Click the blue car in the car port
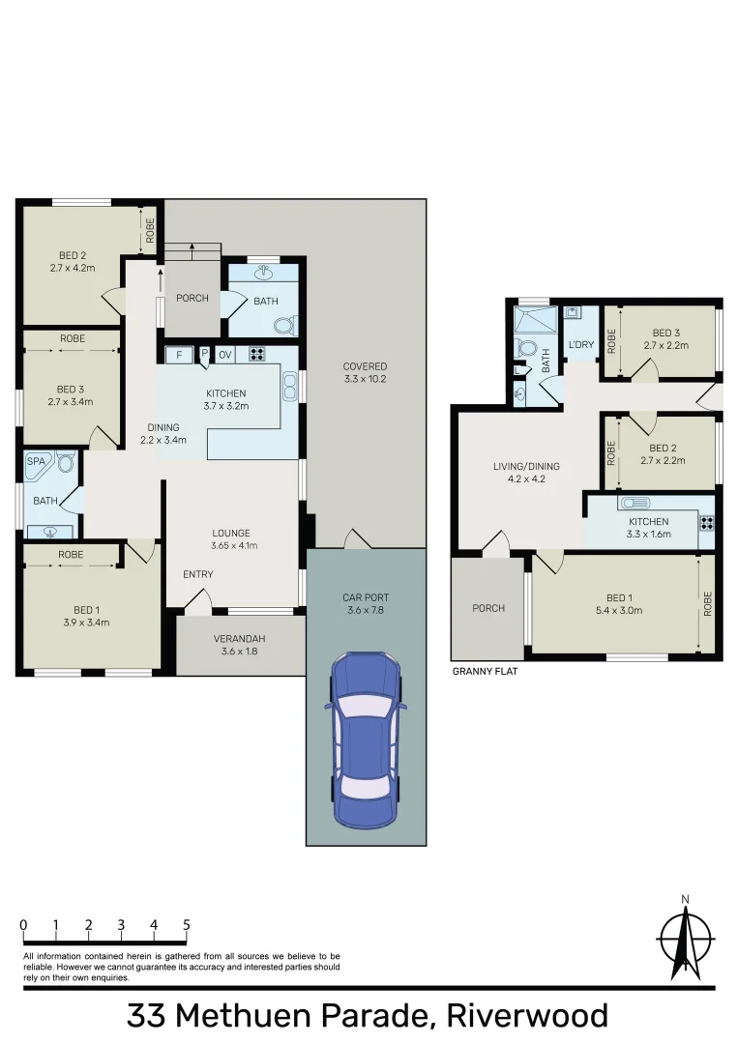[x=366, y=739]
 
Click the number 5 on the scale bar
[x=186, y=925]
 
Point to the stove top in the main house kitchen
[x=257, y=354]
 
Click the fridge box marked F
[x=179, y=354]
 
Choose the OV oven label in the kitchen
[x=224, y=354]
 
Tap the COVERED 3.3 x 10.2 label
[x=365, y=372]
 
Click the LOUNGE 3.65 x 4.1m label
[x=231, y=538]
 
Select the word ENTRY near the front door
[x=197, y=575]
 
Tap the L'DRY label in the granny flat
[x=580, y=344]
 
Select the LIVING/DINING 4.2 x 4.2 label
[x=526, y=472]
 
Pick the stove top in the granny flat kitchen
[x=706, y=522]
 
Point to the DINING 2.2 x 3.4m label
[x=162, y=433]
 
